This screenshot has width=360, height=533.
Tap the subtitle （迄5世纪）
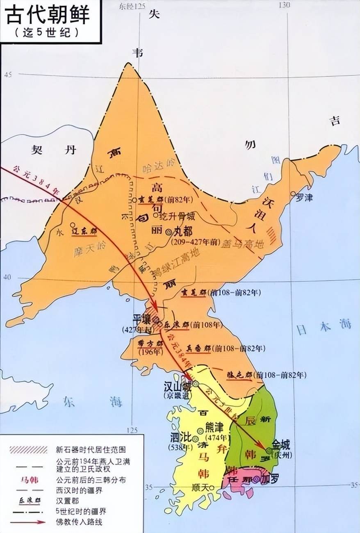(48, 32)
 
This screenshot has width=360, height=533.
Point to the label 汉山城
(178, 387)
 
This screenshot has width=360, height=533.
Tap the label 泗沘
(181, 437)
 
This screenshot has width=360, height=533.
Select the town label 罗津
(304, 197)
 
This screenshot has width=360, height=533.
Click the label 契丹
(53, 150)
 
